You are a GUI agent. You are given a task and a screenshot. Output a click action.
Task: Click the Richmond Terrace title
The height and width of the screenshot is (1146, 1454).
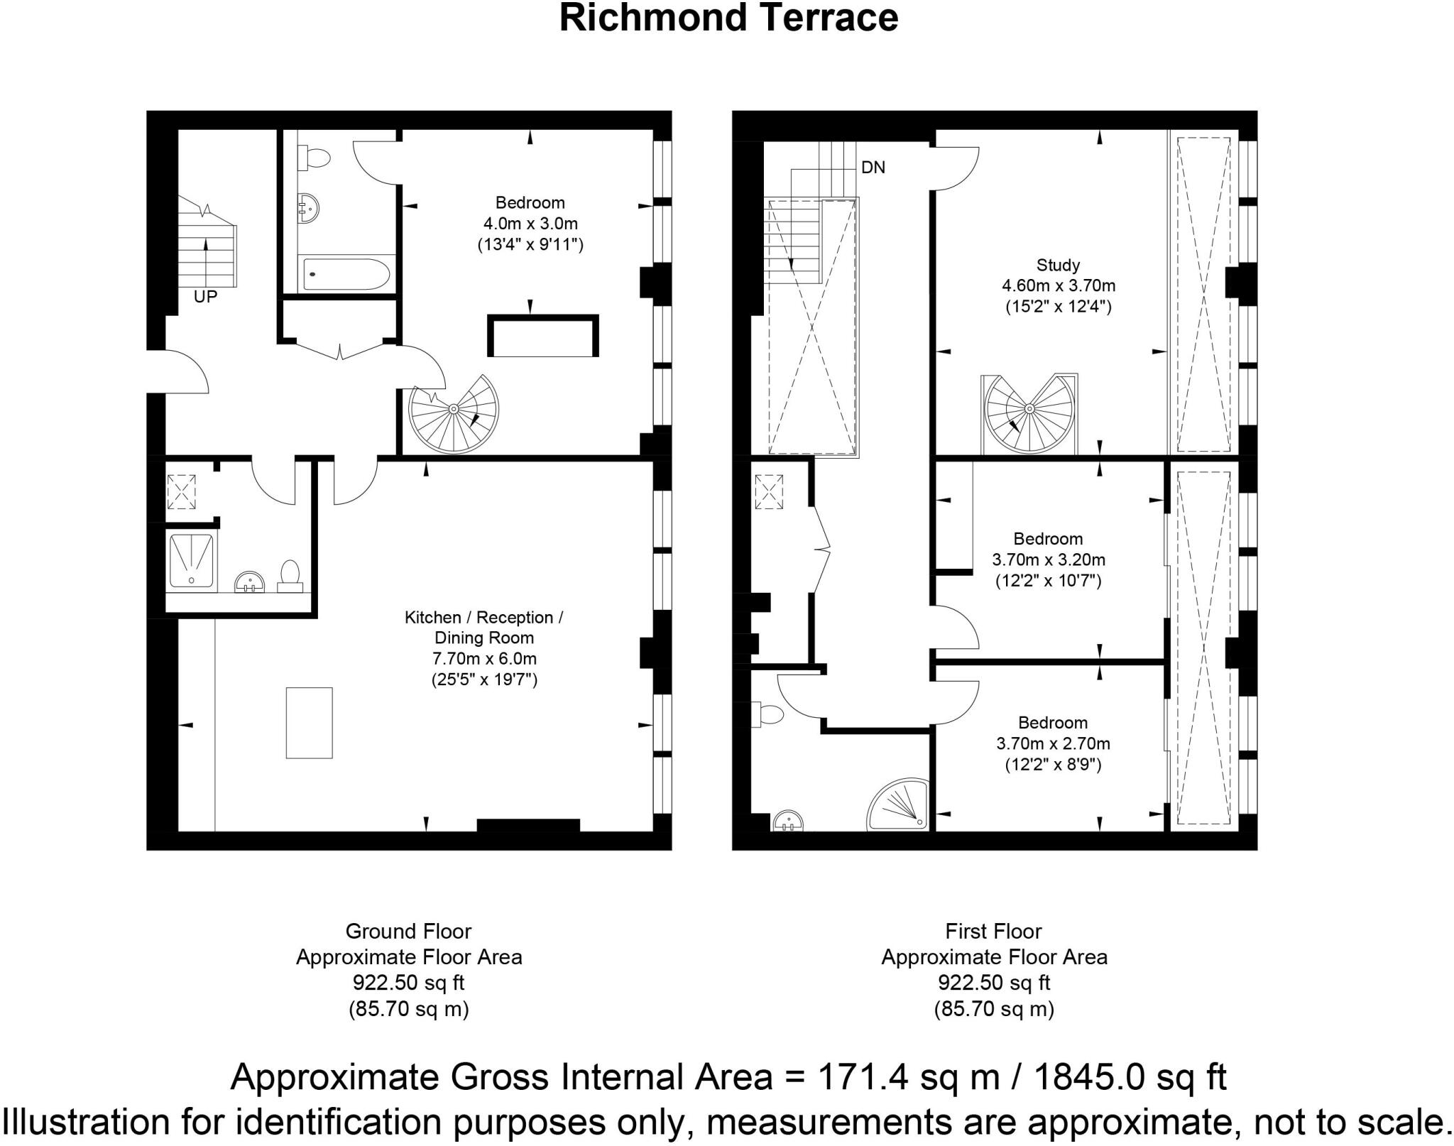click(x=728, y=18)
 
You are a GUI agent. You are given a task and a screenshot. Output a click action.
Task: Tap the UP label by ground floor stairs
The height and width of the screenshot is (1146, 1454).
click(x=205, y=297)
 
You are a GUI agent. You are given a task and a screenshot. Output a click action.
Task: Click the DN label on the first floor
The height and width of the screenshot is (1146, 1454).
click(x=873, y=168)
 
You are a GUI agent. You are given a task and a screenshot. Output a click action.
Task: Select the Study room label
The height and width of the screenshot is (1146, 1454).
click(x=1058, y=265)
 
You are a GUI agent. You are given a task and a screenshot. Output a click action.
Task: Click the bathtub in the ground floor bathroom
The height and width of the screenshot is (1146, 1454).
click(x=346, y=273)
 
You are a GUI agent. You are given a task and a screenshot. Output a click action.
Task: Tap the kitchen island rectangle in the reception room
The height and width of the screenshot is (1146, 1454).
click(x=310, y=723)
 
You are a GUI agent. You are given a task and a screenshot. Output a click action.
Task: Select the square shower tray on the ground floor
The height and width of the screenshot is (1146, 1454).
click(x=191, y=560)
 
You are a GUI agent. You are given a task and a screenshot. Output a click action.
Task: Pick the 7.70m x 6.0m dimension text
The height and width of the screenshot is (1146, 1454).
click(x=484, y=658)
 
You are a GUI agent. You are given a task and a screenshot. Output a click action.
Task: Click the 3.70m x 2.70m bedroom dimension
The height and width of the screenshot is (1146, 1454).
click(x=1053, y=743)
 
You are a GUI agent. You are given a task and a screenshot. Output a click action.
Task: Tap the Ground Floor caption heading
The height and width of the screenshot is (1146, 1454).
click(x=408, y=931)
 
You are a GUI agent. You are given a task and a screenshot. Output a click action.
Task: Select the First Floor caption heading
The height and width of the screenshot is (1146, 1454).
click(x=993, y=931)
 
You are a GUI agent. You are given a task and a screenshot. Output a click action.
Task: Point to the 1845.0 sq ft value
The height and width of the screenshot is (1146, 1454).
click(x=1129, y=1076)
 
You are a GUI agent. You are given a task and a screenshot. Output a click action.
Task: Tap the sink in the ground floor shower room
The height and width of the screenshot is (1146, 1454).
click(x=250, y=582)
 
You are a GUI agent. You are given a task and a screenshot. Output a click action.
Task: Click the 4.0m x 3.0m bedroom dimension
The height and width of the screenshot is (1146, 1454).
click(x=530, y=224)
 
